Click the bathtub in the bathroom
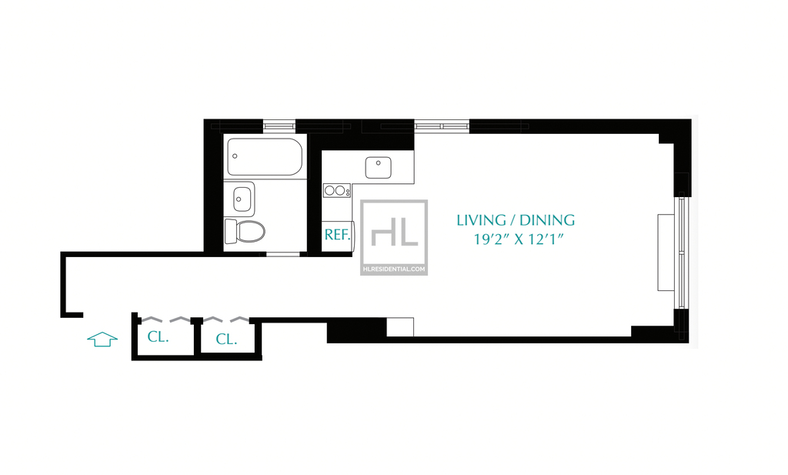pyautogui.click(x=265, y=157)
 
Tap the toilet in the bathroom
pyautogui.click(x=245, y=231)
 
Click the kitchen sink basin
pyautogui.click(x=378, y=167)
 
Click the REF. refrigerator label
pyautogui.click(x=337, y=234)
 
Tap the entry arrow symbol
pyautogui.click(x=102, y=340)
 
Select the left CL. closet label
pyautogui.click(x=158, y=336)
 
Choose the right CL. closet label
pyautogui.click(x=226, y=340)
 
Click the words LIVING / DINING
pyautogui.click(x=516, y=220)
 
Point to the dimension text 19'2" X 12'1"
pyautogui.click(x=519, y=239)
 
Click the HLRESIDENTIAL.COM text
pyautogui.click(x=394, y=269)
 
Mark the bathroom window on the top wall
pyautogui.click(x=279, y=125)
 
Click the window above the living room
pyautogui.click(x=442, y=126)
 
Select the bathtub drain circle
pyautogui.click(x=235, y=156)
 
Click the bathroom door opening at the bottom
pyautogui.click(x=283, y=254)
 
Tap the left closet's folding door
pyautogui.click(x=166, y=319)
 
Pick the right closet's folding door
pyautogui.click(x=225, y=319)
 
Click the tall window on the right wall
pyautogui.click(x=682, y=251)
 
